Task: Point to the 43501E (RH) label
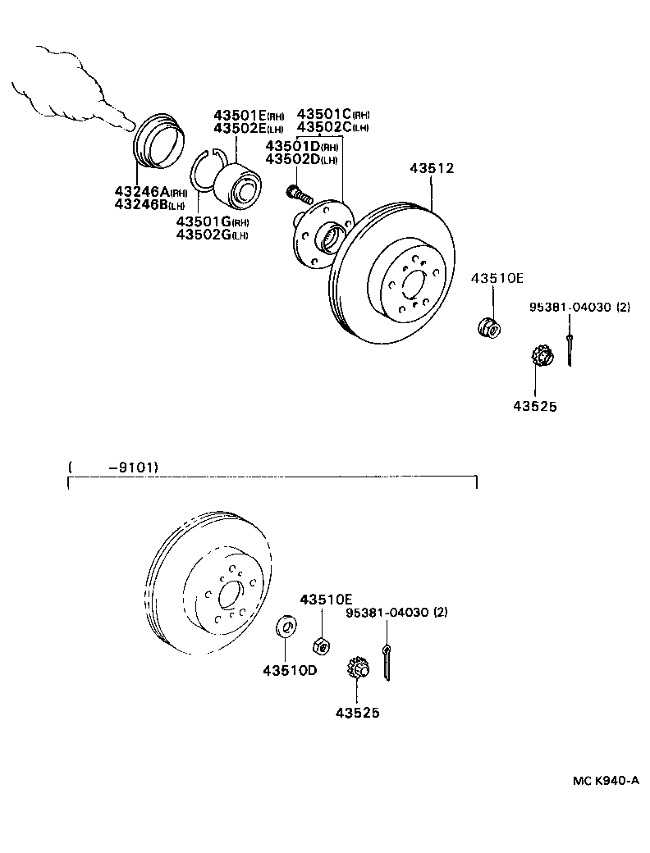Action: (x=249, y=116)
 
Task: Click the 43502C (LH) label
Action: (x=332, y=127)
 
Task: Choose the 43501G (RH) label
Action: (x=213, y=222)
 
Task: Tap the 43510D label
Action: (x=290, y=670)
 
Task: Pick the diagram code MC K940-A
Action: (x=606, y=780)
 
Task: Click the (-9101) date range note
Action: (x=115, y=468)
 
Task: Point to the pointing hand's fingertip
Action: (x=129, y=125)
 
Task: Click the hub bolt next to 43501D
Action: (x=299, y=194)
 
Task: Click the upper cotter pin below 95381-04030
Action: (x=569, y=349)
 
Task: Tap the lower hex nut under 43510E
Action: (x=323, y=645)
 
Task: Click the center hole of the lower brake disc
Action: (x=229, y=593)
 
